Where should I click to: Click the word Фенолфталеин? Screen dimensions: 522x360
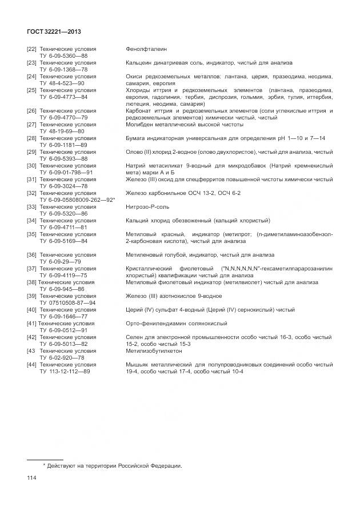(146, 49)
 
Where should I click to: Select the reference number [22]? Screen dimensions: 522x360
(31, 49)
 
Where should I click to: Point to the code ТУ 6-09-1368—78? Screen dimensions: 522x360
(63, 69)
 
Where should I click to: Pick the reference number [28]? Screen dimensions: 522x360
(31, 138)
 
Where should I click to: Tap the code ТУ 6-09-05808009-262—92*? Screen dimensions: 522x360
(77, 200)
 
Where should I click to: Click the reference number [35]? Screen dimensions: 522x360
(31, 234)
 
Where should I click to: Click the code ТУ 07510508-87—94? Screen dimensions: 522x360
(67, 302)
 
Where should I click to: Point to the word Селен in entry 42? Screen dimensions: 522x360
(134, 337)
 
